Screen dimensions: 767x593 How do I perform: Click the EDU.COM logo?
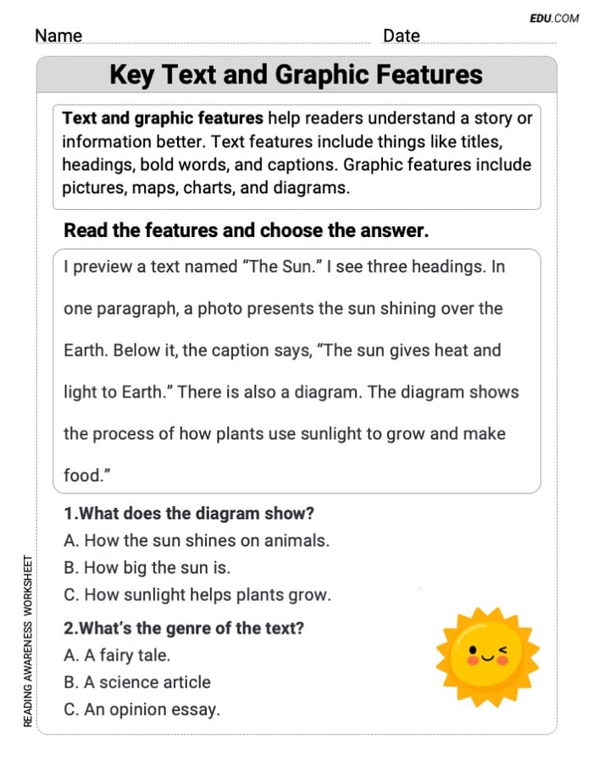(554, 18)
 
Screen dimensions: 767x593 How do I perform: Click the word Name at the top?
(58, 36)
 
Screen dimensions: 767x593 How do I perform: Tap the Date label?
(401, 36)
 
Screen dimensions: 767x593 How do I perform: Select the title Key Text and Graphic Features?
(296, 74)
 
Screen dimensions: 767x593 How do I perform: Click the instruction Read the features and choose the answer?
(247, 230)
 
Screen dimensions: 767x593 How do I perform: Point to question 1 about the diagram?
(189, 513)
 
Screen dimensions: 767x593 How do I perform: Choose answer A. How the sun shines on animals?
(197, 540)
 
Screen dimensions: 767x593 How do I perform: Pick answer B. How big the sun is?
(147, 567)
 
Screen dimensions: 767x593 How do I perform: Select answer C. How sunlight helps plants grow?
(197, 594)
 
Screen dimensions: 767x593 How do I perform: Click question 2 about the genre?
(184, 628)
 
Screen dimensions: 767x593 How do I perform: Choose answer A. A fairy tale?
(117, 655)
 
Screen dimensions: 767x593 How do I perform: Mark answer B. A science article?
(137, 682)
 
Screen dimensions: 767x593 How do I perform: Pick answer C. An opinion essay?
(141, 709)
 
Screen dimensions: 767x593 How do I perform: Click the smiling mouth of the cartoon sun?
(486, 656)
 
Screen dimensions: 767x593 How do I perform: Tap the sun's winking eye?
(506, 650)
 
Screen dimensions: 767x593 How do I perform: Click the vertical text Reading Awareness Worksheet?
(28, 640)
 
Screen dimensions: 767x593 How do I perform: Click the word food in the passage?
(82, 476)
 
